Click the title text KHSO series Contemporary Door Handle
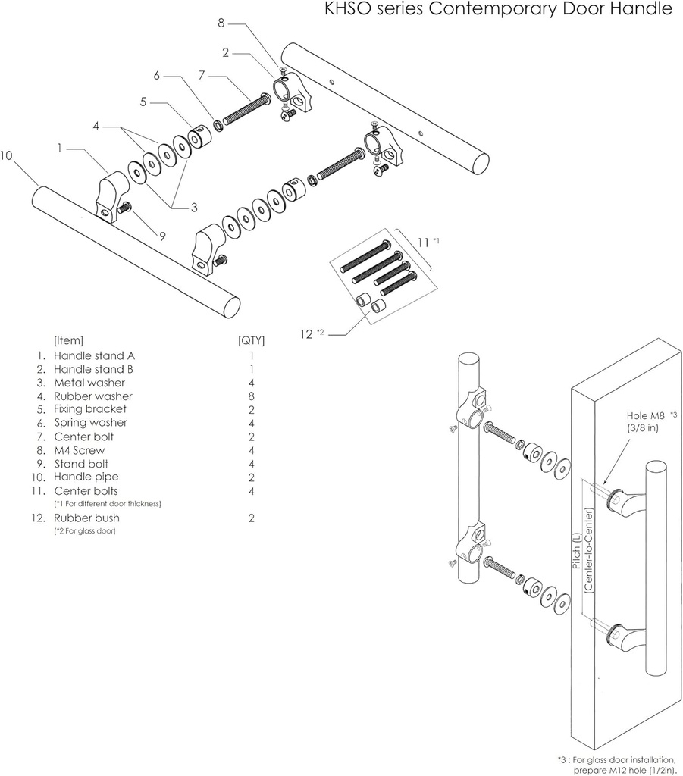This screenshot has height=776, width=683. [x=497, y=10]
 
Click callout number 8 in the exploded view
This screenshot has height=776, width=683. [x=221, y=24]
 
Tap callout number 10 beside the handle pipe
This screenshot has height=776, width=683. [x=7, y=155]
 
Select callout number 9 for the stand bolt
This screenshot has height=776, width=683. [x=162, y=236]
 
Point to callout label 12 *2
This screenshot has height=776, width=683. [x=312, y=333]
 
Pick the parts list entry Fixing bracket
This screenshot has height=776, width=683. [x=90, y=409]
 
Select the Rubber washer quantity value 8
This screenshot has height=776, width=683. [x=251, y=396]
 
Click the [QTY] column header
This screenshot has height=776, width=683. [x=251, y=340]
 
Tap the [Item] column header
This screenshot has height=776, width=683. [x=68, y=340]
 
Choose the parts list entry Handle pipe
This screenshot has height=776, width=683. [x=86, y=477]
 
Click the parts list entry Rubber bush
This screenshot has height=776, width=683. [x=86, y=518]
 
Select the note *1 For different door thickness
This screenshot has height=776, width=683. [x=108, y=504]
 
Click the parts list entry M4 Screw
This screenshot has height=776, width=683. [x=79, y=450]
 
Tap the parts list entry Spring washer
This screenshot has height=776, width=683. [x=90, y=423]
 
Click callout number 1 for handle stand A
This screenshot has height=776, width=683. [x=59, y=148]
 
